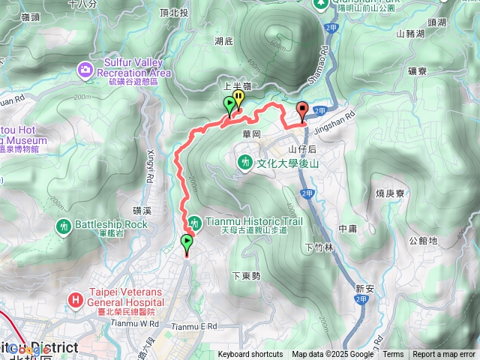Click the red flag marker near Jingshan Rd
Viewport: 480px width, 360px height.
pos(302,110)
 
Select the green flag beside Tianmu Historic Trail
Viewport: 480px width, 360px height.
pos(187,242)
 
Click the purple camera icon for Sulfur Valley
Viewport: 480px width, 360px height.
pos(85,70)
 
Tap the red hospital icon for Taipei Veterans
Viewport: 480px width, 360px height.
pos(75,301)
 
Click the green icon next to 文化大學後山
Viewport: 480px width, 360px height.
pos(245,161)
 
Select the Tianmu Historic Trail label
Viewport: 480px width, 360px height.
pos(247,221)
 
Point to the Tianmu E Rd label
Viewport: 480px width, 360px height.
pos(193,326)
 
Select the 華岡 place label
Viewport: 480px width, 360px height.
pos(251,133)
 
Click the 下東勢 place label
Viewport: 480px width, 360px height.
pos(246,276)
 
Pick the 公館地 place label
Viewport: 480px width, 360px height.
pos(424,241)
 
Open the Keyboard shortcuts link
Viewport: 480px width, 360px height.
pos(250,355)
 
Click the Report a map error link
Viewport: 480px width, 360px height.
pos(444,355)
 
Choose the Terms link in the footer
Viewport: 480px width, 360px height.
pos(393,355)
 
